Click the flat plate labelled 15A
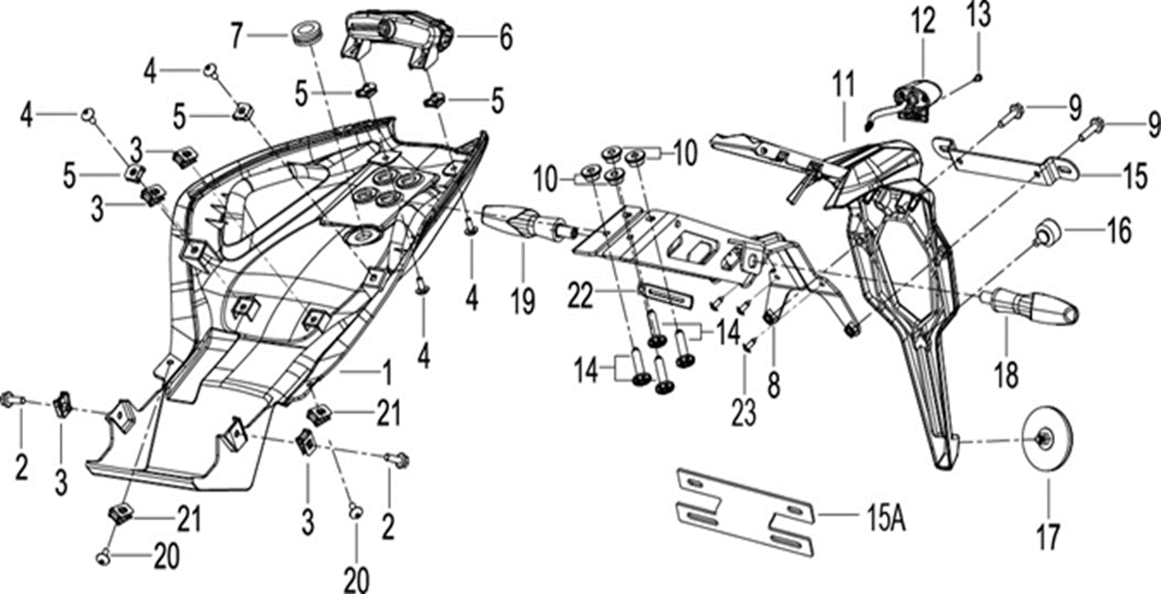pos(745,513)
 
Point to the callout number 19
pos(522,301)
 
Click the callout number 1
pos(386,373)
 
